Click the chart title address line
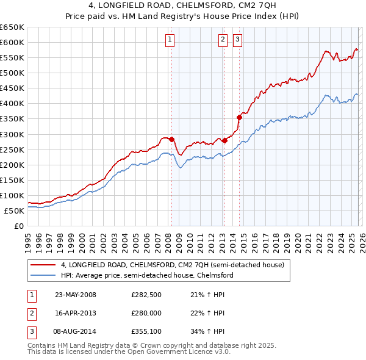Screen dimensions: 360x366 pyautogui.click(x=182, y=5)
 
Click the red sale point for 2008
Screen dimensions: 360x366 pyautogui.click(x=172, y=139)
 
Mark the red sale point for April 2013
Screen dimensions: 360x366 pyautogui.click(x=224, y=140)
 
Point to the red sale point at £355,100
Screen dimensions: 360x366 pyautogui.click(x=239, y=117)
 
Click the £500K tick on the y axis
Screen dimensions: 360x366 pyautogui.click(x=13, y=73)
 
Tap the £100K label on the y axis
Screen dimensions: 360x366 pyautogui.click(x=13, y=195)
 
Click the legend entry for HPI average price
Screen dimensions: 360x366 pyautogui.click(x=146, y=276)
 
